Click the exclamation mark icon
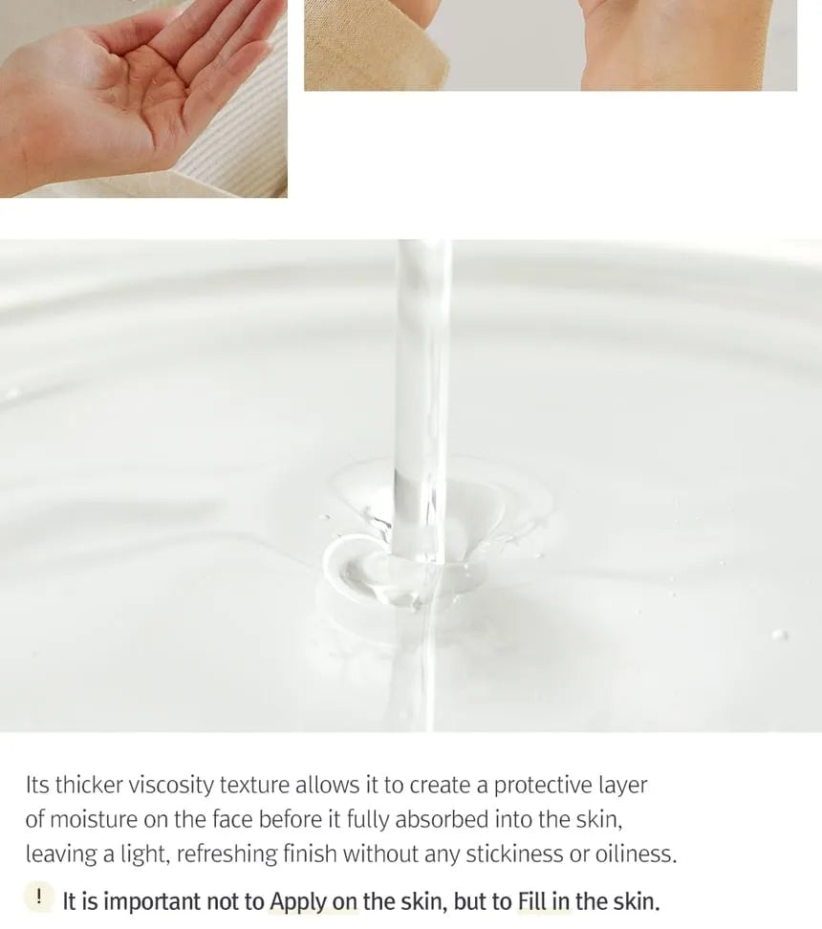pos(38,897)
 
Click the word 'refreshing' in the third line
pos(227,854)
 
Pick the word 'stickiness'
pos(514,854)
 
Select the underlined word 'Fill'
pos(531,901)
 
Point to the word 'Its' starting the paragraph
pos(37,786)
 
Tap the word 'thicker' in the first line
pos(89,786)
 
